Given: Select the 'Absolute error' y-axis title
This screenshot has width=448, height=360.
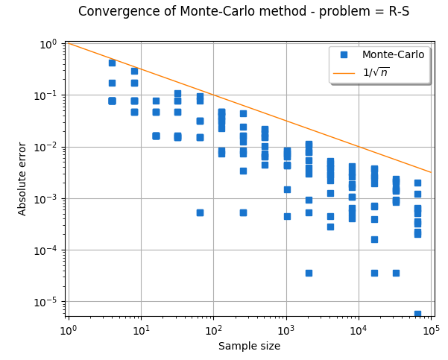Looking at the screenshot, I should click(22, 179).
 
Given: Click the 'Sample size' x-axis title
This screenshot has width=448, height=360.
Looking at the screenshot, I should click(249, 346).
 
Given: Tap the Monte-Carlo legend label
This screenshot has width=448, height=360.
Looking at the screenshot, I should click(393, 54).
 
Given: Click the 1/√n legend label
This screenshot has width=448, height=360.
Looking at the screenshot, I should click(375, 72).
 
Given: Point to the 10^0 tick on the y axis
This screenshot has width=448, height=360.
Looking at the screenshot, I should click(47, 44).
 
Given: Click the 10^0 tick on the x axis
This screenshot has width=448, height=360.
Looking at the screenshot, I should click(68, 329).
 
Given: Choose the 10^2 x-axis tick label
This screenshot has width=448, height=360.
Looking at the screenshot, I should click(213, 329).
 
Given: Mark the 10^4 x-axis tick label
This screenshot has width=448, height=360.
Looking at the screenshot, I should click(359, 329).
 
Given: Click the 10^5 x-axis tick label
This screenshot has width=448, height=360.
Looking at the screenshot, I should click(431, 329).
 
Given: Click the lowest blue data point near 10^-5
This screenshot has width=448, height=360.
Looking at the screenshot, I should click(417, 314).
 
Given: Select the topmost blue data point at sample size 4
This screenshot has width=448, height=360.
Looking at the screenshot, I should click(112, 63).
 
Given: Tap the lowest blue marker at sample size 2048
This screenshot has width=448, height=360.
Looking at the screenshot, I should click(309, 273).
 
